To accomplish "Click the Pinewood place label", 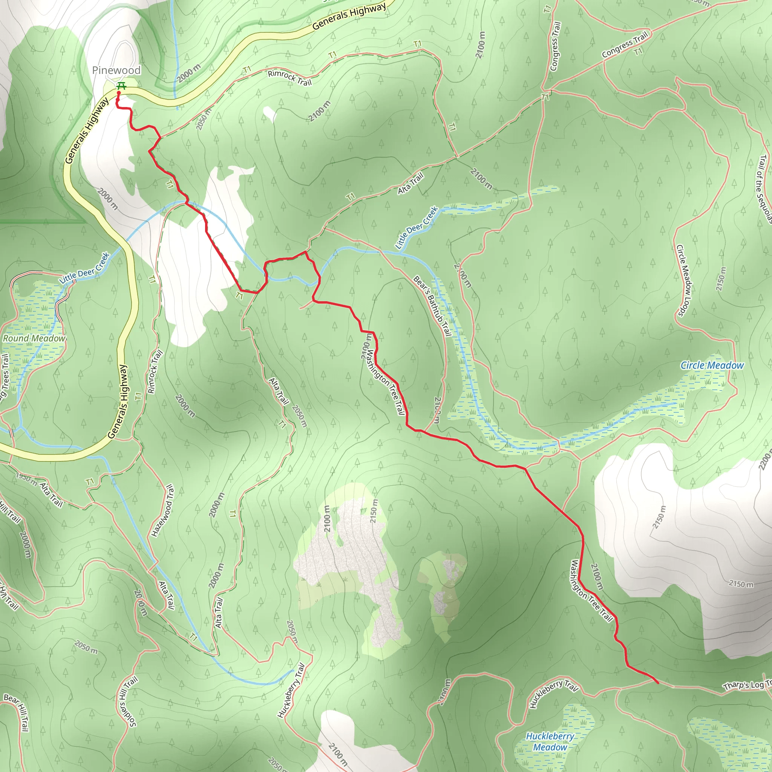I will [x=116, y=70].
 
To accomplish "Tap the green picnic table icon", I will [x=121, y=86].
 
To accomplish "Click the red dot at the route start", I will [x=119, y=93].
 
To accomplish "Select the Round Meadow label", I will [x=34, y=339].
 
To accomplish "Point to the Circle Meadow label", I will [x=712, y=365].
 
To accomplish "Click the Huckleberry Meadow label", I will [x=550, y=741].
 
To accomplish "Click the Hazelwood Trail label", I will [x=163, y=511].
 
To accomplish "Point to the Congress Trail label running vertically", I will [x=555, y=46].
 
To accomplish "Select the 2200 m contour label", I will [x=765, y=460].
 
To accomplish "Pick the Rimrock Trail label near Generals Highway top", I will [x=289, y=78].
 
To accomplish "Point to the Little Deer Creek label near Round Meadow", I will [x=84, y=268].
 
